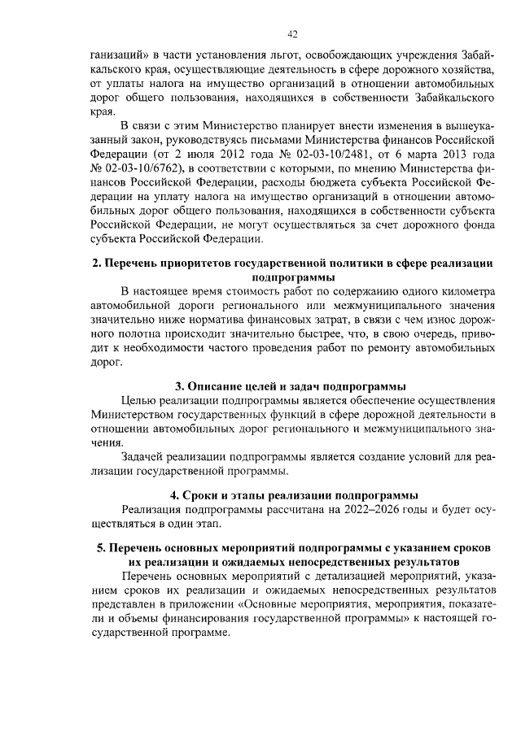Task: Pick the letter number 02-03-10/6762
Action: click(x=134, y=167)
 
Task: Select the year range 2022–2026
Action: click(x=365, y=509)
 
